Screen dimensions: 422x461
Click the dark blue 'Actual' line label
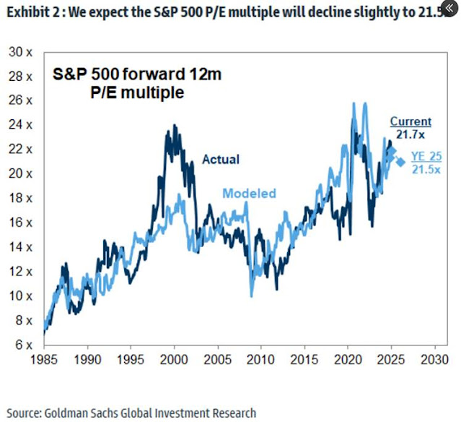coord(220,159)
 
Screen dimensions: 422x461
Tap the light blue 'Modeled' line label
coord(249,194)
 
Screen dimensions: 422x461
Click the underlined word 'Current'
coord(410,121)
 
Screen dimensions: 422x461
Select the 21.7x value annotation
coord(410,134)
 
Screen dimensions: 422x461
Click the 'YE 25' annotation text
coord(426,156)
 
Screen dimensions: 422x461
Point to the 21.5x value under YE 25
coord(426,168)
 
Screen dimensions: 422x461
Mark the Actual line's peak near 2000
coord(174,127)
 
